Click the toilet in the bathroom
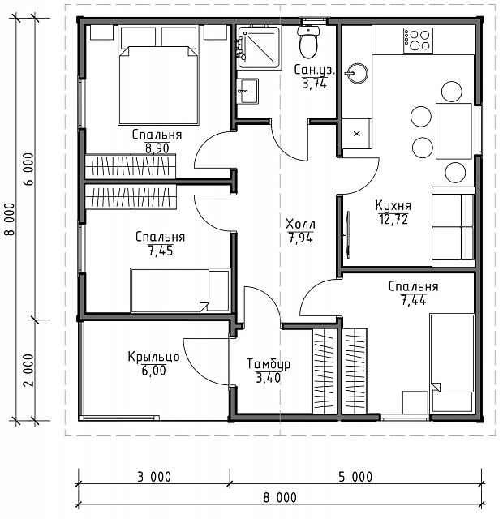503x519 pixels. (x=308, y=41)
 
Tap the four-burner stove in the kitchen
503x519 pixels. (x=418, y=40)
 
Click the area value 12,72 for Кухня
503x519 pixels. (x=393, y=219)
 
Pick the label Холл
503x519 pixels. (x=301, y=224)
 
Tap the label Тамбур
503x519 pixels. (x=269, y=364)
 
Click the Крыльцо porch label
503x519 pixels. (x=153, y=357)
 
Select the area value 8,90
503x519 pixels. (x=157, y=148)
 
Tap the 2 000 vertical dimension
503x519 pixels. (x=29, y=371)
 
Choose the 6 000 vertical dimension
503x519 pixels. (x=29, y=169)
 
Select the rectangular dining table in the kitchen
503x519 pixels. (x=454, y=131)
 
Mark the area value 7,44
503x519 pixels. (x=414, y=300)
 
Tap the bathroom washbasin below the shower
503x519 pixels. (x=248, y=91)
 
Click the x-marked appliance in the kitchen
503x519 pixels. (x=357, y=134)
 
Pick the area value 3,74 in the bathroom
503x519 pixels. (x=315, y=84)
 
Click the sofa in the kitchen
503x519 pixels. (x=453, y=227)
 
